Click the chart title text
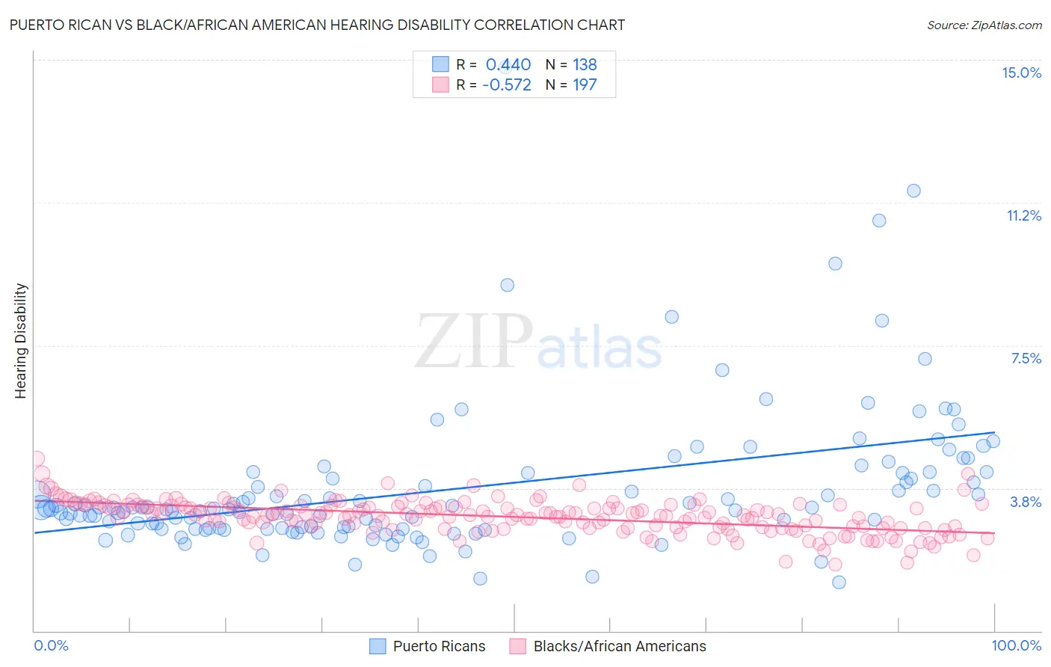coord(317,25)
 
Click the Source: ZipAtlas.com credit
coord(984,25)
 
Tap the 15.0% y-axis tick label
coord(1021,73)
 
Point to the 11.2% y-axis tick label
coord(1023,215)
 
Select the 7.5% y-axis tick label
coord(1026,358)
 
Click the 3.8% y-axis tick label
coord(1026,502)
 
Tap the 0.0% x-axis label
coord(52,645)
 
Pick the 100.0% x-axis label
coord(1016,645)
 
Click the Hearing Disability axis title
coord(21,340)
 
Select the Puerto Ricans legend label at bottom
coord(439,646)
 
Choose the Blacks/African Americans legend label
coord(620,646)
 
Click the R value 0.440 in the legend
coord(508,64)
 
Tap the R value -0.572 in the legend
coord(507,84)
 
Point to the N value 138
coord(585,64)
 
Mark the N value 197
coord(585,84)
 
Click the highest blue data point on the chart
coord(913,191)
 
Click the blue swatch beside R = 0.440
coord(440,64)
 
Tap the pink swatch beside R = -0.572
coord(440,84)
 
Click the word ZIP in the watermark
coord(474,341)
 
